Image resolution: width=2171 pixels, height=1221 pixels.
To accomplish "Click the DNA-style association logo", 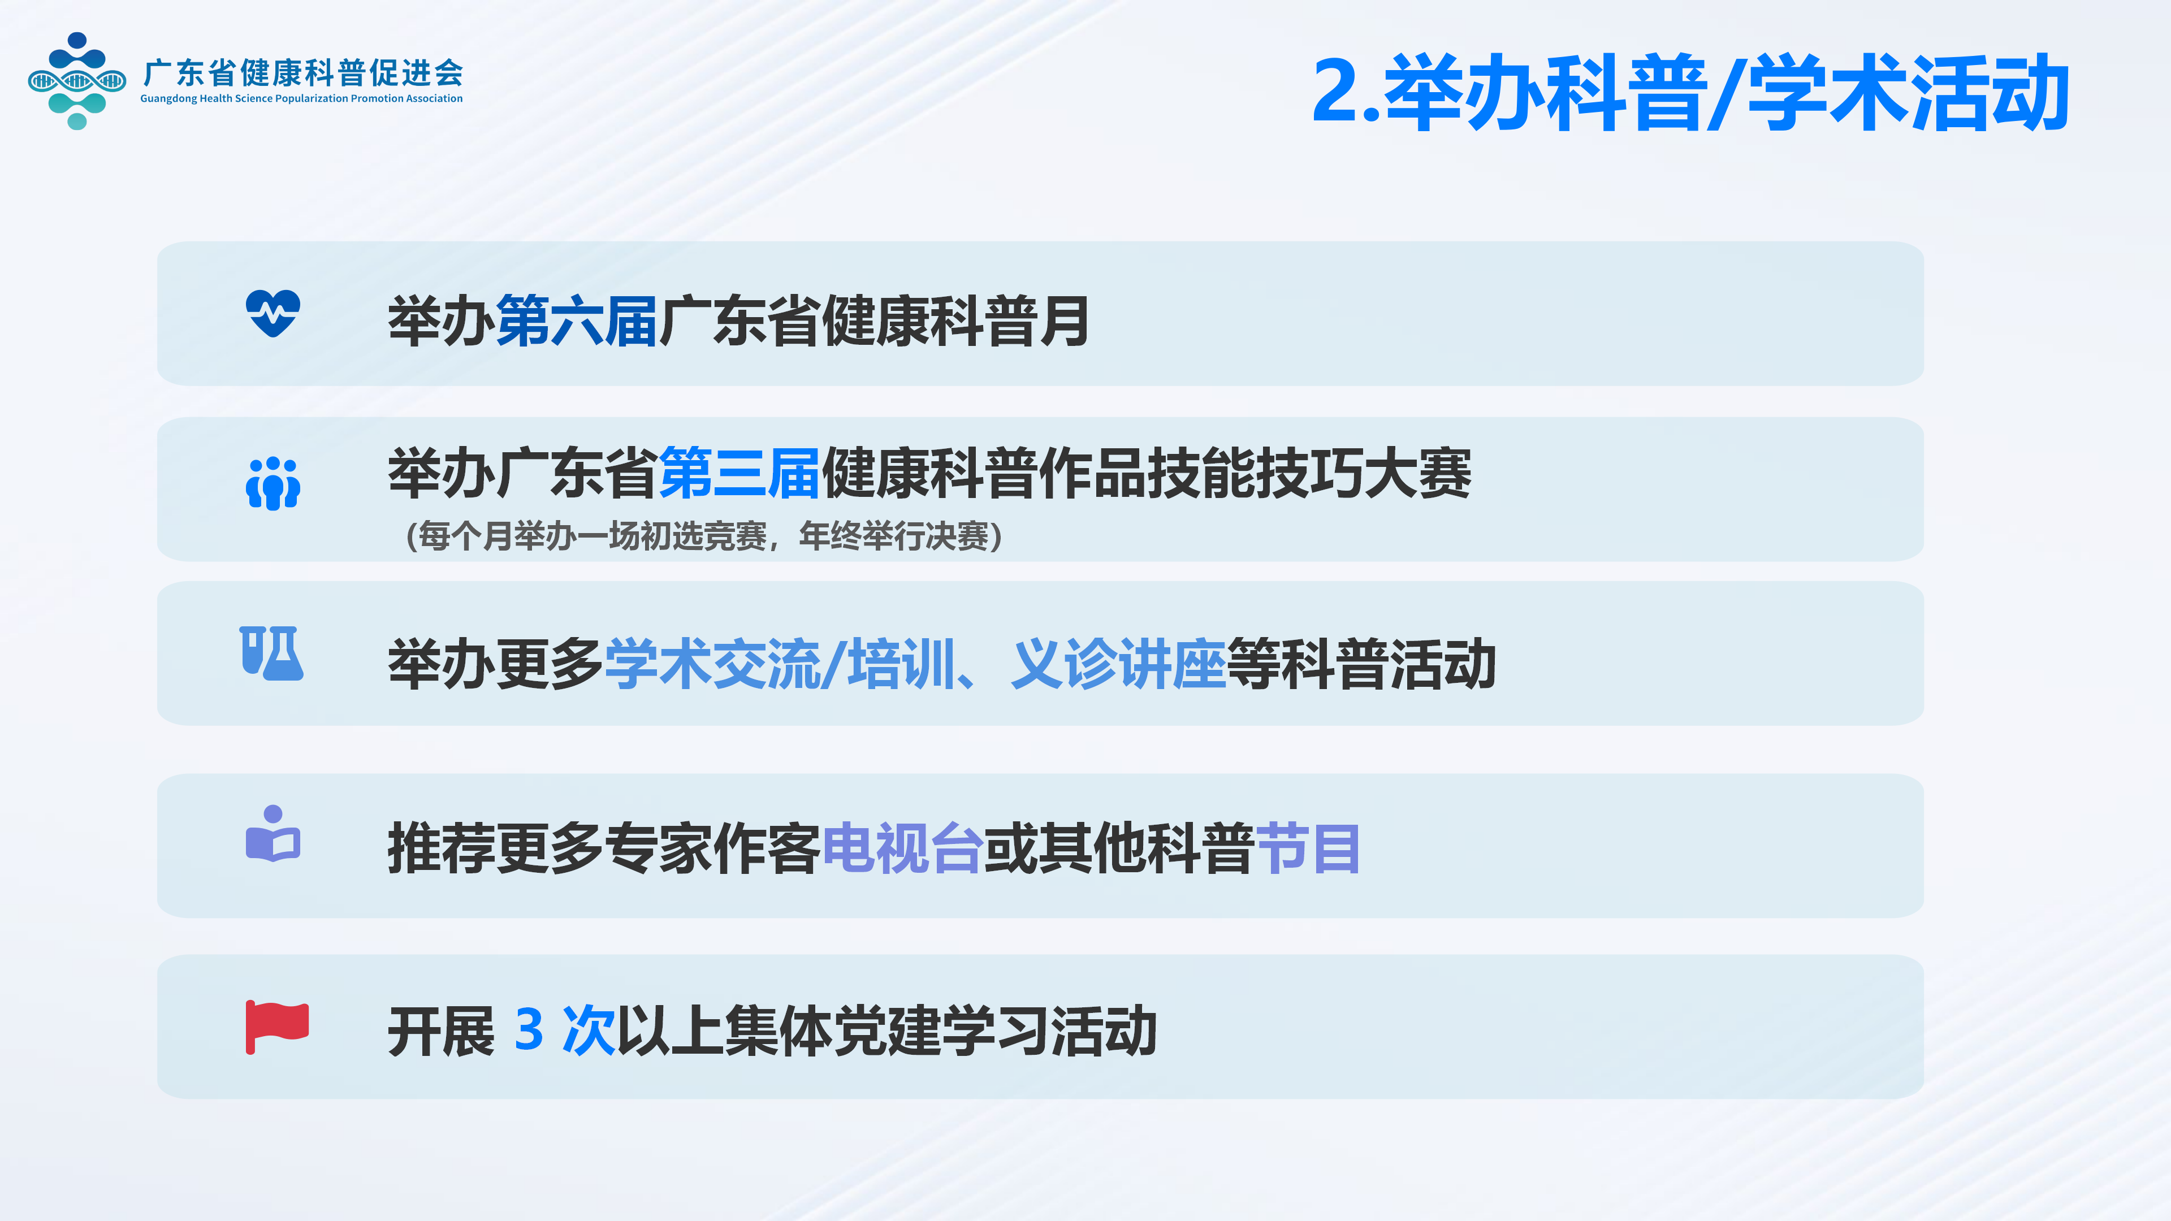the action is (77, 81).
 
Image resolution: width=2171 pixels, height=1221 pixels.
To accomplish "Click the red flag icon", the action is (277, 1027).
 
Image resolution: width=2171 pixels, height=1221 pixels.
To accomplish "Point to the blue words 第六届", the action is (577, 321).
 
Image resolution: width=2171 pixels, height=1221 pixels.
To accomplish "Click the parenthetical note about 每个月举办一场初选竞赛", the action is (704, 536).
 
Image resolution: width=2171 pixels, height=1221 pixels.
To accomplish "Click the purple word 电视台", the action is (903, 848).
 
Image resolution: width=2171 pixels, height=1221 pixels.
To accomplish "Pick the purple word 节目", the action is (1308, 848).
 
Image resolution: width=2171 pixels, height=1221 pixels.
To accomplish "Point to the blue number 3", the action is (529, 1030).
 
